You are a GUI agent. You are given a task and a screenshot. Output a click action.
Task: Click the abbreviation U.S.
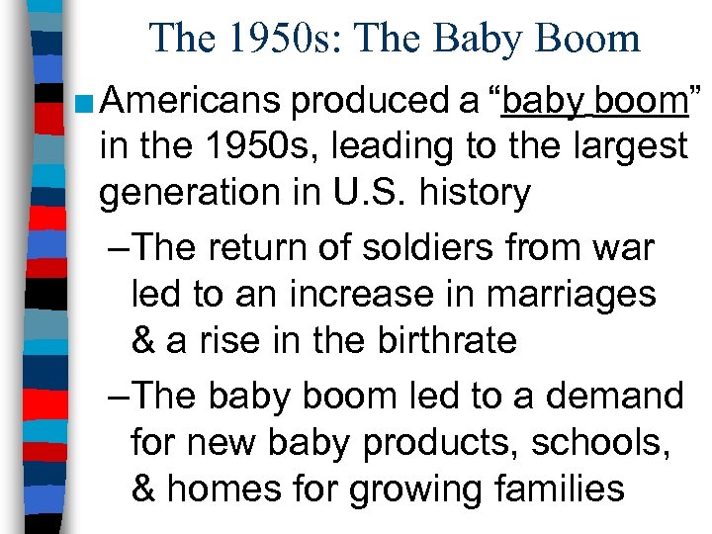tap(365, 192)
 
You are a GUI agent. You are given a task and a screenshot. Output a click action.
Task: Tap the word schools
tap(613, 442)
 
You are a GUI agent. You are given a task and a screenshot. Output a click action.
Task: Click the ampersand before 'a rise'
tap(144, 340)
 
